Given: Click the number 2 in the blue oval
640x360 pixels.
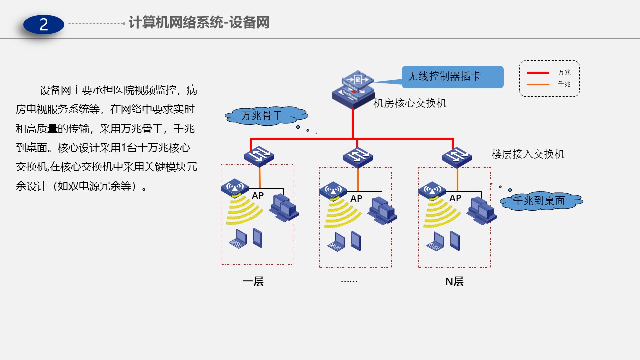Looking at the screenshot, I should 44,24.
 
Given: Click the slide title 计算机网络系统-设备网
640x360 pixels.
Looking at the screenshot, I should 199,23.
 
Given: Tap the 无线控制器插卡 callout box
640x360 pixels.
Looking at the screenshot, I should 452,77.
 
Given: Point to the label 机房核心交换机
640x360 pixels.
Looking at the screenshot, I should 410,104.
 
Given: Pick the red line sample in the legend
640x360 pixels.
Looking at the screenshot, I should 538,73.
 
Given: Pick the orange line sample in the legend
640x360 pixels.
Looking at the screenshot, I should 538,84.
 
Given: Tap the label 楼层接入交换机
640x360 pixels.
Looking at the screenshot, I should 528,154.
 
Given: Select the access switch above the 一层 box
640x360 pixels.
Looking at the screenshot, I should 259,156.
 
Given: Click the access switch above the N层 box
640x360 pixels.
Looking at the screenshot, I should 457,157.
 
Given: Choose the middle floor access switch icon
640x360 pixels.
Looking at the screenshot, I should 358,157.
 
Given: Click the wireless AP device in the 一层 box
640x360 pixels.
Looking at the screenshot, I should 234,188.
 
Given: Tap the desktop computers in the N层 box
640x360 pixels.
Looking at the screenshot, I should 481,210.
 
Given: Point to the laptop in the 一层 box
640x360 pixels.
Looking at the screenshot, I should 238,239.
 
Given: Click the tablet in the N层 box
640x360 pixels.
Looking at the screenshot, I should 454,241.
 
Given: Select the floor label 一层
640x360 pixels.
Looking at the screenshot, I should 253,281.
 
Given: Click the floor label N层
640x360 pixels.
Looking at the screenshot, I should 454,281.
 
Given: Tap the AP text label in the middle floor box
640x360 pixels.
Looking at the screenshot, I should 356,199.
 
